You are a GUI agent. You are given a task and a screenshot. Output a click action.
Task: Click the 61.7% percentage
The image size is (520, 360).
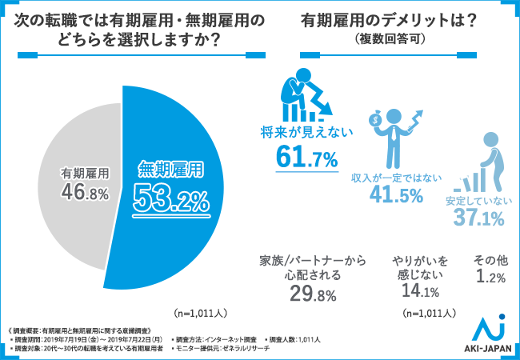(307, 158)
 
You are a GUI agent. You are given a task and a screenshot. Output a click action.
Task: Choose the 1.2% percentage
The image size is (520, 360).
(490, 278)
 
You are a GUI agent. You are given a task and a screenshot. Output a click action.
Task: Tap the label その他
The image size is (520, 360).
(490, 260)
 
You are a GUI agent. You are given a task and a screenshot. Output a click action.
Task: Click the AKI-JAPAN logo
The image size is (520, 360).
(489, 335)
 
